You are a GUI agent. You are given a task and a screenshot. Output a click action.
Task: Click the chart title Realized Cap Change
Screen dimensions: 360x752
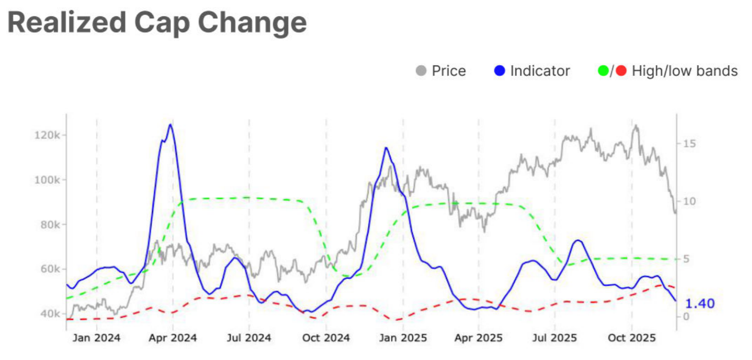(x=157, y=22)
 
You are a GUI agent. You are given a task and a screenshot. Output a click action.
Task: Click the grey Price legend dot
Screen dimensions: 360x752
(x=421, y=71)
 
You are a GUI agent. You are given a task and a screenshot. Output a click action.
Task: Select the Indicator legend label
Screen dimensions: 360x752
(x=540, y=71)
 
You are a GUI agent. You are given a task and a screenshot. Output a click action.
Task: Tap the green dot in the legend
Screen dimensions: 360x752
(x=603, y=71)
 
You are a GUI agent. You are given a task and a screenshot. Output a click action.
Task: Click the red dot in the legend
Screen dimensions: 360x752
(x=621, y=71)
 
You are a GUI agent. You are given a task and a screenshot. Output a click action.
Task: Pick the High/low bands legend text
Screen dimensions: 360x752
(x=684, y=71)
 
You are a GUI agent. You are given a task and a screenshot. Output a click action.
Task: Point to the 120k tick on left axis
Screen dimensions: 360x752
(x=47, y=135)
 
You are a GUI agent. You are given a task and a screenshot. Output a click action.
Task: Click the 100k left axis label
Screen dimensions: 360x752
(x=47, y=180)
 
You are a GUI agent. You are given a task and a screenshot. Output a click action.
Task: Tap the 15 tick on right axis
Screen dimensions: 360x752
(x=689, y=144)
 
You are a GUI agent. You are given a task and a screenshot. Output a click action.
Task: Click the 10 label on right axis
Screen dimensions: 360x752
(x=689, y=201)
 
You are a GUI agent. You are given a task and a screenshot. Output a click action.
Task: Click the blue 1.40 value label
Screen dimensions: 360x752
(x=700, y=303)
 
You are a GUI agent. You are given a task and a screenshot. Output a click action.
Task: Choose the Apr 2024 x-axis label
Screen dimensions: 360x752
(x=173, y=338)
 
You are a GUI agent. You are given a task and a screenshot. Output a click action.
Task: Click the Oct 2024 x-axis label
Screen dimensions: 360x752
(x=326, y=338)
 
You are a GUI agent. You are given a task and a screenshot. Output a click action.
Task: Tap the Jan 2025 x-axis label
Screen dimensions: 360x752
(x=403, y=338)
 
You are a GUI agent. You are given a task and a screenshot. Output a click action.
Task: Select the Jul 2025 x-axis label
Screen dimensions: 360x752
(x=555, y=338)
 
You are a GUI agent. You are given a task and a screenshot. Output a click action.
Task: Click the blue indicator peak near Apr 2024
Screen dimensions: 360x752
(x=170, y=125)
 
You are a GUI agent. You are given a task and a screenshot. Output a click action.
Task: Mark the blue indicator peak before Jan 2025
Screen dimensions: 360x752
(x=386, y=148)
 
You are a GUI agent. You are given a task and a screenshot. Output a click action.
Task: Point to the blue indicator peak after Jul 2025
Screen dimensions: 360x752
(x=578, y=240)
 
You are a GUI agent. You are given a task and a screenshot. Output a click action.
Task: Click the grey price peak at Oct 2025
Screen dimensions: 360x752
(x=635, y=125)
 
